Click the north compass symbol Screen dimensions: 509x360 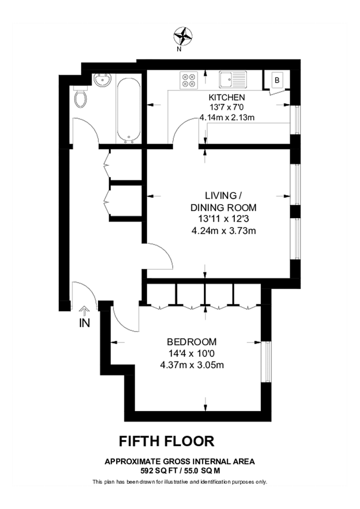182,36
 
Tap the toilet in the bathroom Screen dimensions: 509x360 81,100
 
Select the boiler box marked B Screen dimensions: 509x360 277,80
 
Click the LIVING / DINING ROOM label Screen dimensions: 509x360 224,200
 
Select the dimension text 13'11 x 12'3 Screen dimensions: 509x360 225,218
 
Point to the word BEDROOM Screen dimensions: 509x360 191,342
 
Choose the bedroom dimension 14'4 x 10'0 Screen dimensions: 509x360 191,353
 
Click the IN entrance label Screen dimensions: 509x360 84,323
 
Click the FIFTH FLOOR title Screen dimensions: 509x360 166,441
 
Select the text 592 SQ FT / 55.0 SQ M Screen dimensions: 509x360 179,470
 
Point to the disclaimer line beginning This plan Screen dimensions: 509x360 179,482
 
